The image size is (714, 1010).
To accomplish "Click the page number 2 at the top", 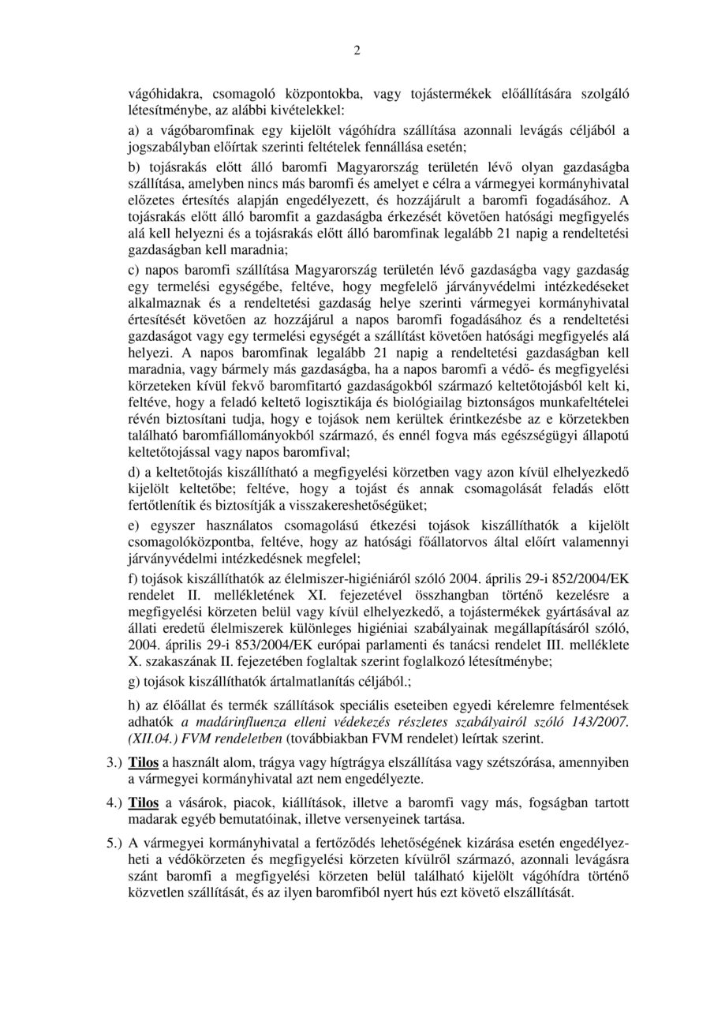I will (x=357, y=53).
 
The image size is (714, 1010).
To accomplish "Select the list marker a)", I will (x=135, y=129).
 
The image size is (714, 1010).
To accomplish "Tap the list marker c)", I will (x=134, y=271).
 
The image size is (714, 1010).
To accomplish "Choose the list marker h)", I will (x=135, y=705).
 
